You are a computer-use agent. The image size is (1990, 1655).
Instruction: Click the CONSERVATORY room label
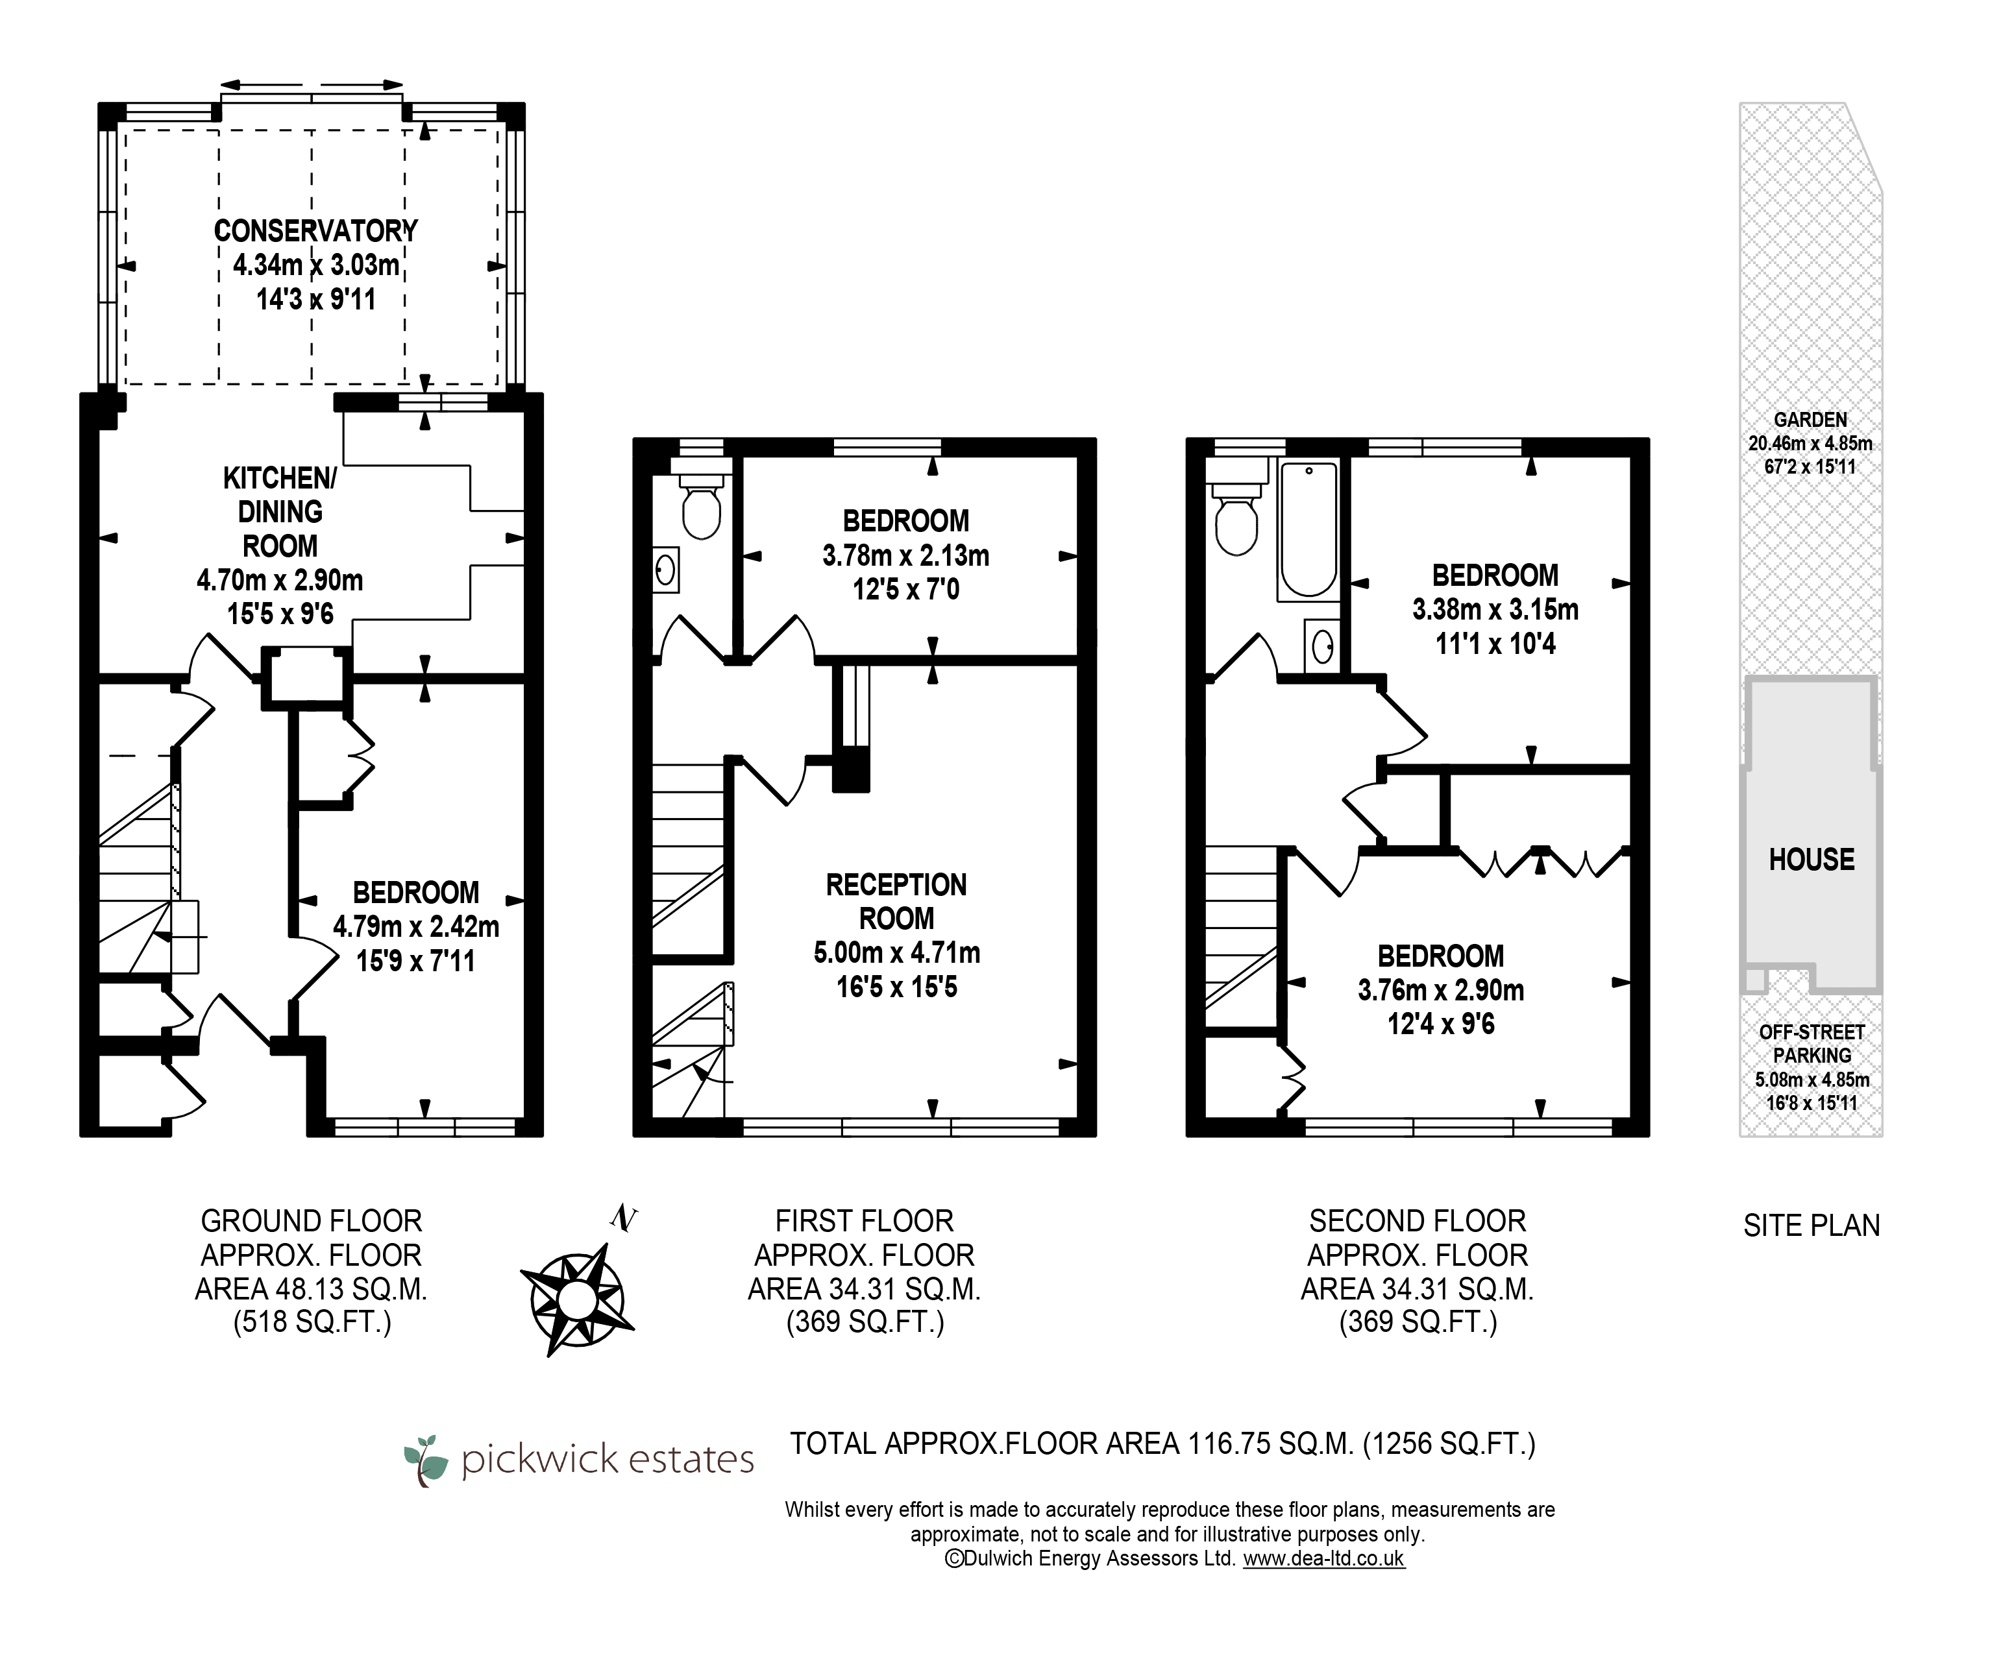(315, 230)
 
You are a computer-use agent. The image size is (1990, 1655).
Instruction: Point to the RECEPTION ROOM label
(896, 902)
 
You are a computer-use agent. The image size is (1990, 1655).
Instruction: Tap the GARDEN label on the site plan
(1811, 420)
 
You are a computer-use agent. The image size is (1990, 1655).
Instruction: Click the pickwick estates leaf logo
(426, 1460)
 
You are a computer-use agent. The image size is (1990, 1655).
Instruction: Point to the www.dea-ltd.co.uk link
(1324, 1558)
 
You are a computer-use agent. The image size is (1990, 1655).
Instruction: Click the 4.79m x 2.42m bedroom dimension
(416, 926)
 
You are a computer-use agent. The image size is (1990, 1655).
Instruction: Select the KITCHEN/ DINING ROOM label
(280, 512)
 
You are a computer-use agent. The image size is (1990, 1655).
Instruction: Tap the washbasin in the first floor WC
(666, 570)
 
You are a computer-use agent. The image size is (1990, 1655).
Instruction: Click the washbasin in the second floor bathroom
(1322, 646)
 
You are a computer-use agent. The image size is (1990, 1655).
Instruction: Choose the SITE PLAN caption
(1811, 1226)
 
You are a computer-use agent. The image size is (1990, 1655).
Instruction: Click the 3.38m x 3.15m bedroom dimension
(1495, 609)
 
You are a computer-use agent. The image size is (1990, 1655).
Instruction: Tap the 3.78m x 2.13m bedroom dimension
(906, 555)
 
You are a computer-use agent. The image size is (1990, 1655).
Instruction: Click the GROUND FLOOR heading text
(312, 1221)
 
